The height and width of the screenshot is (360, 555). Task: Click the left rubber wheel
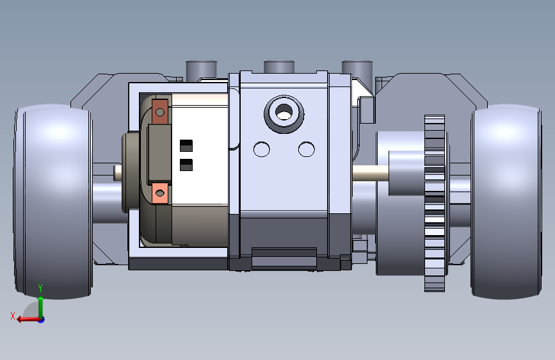pyautogui.click(x=54, y=201)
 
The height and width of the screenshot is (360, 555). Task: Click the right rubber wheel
pyautogui.click(x=506, y=201)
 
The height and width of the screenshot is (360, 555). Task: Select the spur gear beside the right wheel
pyautogui.click(x=435, y=204)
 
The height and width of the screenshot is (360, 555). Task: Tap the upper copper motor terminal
pyautogui.click(x=159, y=111)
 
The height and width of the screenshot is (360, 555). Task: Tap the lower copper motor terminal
pyautogui.click(x=159, y=193)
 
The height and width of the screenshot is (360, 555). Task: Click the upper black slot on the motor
pyautogui.click(x=186, y=145)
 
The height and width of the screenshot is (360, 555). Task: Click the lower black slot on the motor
pyautogui.click(x=186, y=165)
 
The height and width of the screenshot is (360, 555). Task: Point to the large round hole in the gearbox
pyautogui.click(x=284, y=114)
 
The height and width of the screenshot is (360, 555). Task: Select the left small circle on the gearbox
pyautogui.click(x=262, y=149)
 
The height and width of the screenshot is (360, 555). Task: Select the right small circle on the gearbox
pyautogui.click(x=307, y=149)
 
